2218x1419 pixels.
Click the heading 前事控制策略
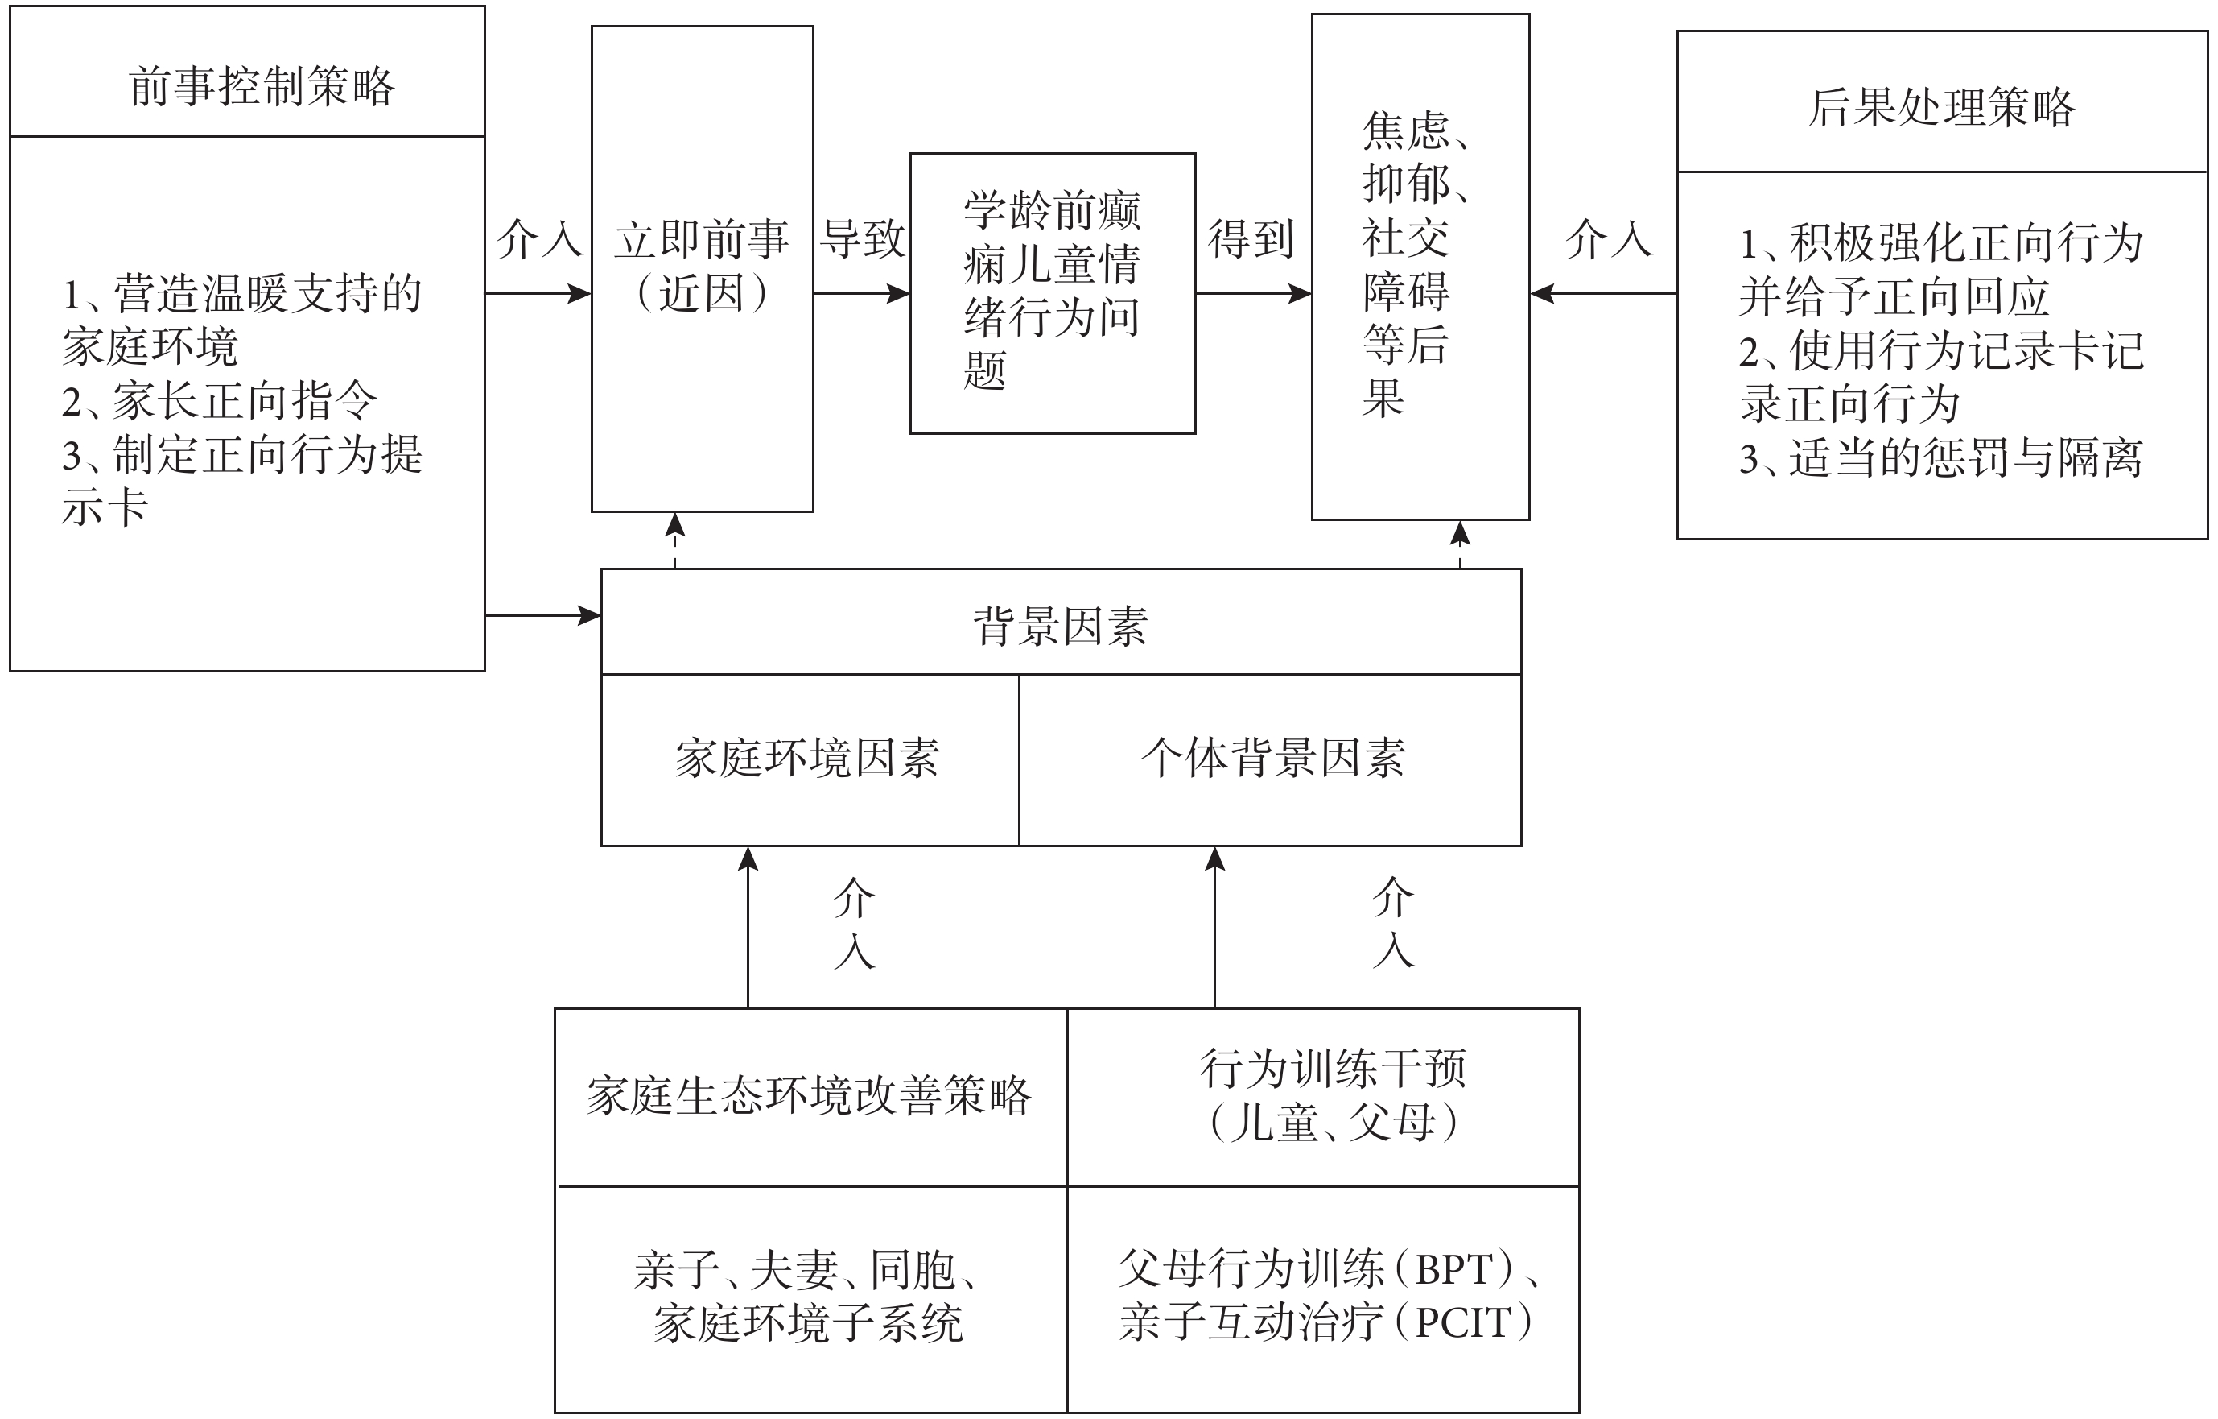coord(262,88)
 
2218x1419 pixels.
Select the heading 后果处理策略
coord(1941,107)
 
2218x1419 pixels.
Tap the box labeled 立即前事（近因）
coord(702,268)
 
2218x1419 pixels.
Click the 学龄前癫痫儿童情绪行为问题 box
coord(1053,293)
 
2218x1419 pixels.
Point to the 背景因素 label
coord(1060,627)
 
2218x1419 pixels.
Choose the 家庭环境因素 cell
coord(810,759)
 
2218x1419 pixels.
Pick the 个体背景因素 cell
coord(1270,759)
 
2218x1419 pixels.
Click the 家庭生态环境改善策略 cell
coord(810,1097)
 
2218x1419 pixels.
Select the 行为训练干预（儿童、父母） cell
coord(1324,1097)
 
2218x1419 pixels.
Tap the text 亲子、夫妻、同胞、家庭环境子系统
coord(808,1297)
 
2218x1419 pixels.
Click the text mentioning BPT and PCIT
coord(1330,1295)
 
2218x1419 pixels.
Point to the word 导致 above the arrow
coord(863,238)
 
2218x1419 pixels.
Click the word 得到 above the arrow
coord(1251,238)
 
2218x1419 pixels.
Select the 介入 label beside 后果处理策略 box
coord(1609,238)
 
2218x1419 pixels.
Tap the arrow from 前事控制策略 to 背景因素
coord(543,615)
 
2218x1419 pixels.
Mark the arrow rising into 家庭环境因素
coord(748,927)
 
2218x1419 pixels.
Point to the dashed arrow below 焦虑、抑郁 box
coord(1460,544)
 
